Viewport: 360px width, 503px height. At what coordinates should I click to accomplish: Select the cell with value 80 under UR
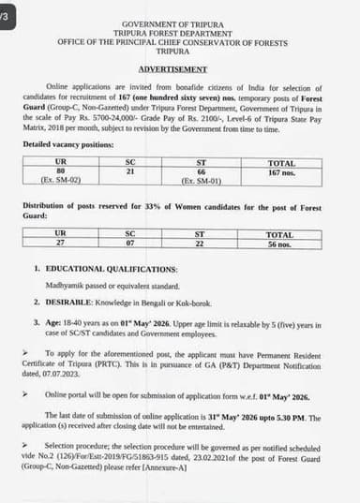[x=60, y=170]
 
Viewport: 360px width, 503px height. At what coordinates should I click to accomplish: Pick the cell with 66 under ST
[x=199, y=170]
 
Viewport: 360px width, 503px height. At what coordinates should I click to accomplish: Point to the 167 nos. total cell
[x=280, y=171]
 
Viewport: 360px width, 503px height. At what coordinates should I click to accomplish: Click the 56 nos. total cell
[x=280, y=243]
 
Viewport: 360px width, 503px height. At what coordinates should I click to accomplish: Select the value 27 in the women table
[x=60, y=243]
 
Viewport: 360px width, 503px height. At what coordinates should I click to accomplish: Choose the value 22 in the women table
[x=199, y=243]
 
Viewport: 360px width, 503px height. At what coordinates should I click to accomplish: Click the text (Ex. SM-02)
[x=60, y=178]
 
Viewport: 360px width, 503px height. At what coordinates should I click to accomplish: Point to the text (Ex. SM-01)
[x=199, y=178]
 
